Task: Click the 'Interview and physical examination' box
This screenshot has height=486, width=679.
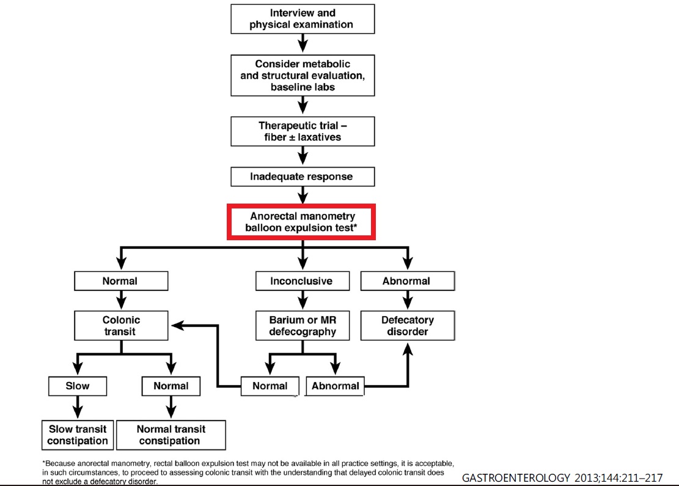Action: pyautogui.click(x=303, y=19)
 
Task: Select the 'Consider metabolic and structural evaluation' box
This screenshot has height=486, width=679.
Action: pyautogui.click(x=303, y=75)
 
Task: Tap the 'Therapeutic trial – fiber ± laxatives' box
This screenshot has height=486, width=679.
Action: pyautogui.click(x=303, y=131)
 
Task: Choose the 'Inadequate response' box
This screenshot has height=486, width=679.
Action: pyautogui.click(x=303, y=177)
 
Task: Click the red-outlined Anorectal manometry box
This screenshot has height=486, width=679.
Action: pyautogui.click(x=301, y=222)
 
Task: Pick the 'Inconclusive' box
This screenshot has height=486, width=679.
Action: pyautogui.click(x=303, y=281)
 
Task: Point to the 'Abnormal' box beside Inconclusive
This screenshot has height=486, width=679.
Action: pyautogui.click(x=408, y=281)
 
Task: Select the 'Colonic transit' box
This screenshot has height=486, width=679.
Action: pyautogui.click(x=121, y=325)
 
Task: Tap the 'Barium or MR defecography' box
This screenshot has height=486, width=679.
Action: pyautogui.click(x=303, y=325)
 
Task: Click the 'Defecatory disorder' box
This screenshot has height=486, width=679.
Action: pyautogui.click(x=408, y=325)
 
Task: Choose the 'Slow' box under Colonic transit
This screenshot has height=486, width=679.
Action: pyautogui.click(x=78, y=386)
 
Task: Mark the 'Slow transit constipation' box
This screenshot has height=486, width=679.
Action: pyautogui.click(x=78, y=435)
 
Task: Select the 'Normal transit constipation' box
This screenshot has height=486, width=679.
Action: pyautogui.click(x=171, y=435)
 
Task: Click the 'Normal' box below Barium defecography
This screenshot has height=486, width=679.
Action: pyautogui.click(x=270, y=386)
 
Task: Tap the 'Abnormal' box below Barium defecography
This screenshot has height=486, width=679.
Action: pyautogui.click(x=335, y=386)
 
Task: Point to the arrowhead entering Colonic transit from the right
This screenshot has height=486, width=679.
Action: pyautogui.click(x=178, y=325)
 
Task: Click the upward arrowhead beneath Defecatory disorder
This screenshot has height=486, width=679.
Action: pyautogui.click(x=408, y=349)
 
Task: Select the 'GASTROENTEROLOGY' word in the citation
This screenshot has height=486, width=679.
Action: pyautogui.click(x=516, y=478)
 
